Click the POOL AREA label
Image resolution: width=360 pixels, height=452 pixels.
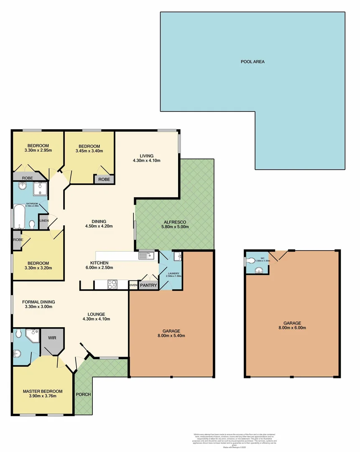(x=253, y=62)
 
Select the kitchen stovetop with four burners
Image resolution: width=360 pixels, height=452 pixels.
(x=112, y=285)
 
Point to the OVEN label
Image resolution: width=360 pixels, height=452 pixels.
(x=133, y=285)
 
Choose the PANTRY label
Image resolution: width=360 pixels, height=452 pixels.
(x=148, y=285)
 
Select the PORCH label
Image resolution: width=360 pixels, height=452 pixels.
(x=83, y=394)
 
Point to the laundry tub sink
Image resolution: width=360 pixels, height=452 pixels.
(x=177, y=255)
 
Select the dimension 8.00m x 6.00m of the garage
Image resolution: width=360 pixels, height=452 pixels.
(x=292, y=329)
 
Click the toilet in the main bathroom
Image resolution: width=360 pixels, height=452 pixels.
(x=32, y=225)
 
